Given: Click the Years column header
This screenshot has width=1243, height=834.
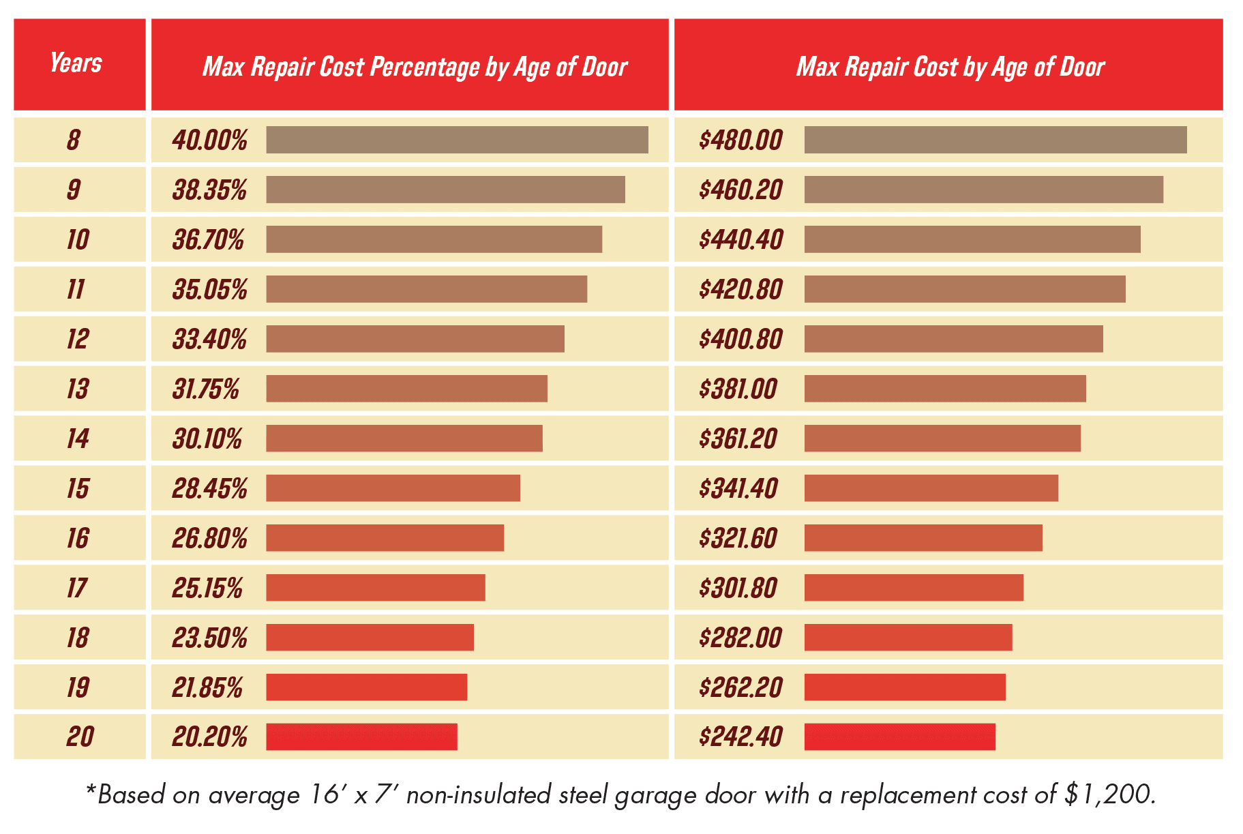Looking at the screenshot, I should point(76,63).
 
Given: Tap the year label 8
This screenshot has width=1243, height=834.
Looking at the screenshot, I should point(73,140).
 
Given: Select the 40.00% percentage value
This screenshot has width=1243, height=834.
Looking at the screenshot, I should point(209,140).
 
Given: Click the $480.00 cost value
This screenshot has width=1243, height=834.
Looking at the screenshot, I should point(740,140).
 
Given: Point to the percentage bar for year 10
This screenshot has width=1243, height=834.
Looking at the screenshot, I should point(434,239).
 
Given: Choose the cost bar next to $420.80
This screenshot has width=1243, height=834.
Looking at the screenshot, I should point(964,289).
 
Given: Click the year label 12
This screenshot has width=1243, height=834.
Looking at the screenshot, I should point(77,339).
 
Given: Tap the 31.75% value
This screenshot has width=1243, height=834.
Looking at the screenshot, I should point(205,389).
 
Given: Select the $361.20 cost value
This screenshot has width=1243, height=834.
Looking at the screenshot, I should point(738,438).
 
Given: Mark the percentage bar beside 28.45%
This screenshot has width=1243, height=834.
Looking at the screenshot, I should point(393,488).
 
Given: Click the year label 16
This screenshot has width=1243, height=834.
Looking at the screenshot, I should point(77,538).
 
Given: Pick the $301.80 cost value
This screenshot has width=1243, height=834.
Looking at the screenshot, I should point(738,588).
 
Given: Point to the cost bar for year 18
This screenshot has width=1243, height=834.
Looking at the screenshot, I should point(908,638).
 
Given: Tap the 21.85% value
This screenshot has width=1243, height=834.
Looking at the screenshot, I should point(207,687).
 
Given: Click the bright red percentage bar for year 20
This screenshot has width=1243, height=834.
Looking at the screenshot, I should point(361,737).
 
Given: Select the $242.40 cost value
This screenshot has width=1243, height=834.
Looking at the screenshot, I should point(740,737).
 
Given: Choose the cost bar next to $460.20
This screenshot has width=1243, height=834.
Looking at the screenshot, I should point(983,190).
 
